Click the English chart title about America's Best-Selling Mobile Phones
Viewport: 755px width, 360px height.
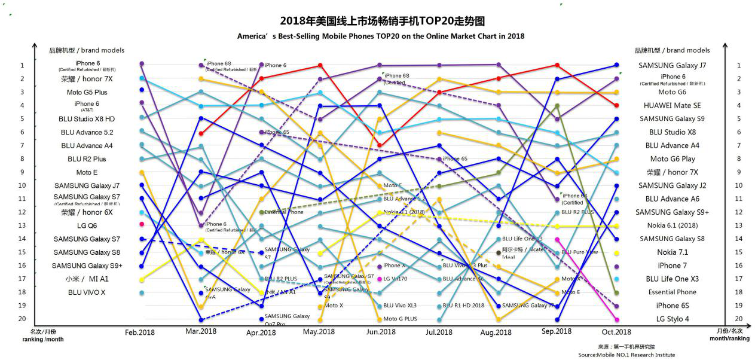(x=381, y=36)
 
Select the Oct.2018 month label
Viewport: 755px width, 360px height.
(x=616, y=332)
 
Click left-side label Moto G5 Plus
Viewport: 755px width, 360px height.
(x=87, y=92)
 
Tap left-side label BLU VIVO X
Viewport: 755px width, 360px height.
(x=87, y=292)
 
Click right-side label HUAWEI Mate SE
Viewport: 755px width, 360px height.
(x=673, y=105)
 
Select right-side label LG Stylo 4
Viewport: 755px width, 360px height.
(x=673, y=319)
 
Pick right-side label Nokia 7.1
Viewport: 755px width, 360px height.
(x=673, y=252)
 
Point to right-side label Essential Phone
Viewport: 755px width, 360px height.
(x=673, y=292)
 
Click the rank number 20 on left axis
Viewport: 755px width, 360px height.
(x=22, y=319)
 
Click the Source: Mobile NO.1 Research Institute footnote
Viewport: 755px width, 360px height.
(x=626, y=355)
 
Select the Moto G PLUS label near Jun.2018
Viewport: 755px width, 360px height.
(x=401, y=319)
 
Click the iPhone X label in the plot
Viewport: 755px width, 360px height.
(x=395, y=266)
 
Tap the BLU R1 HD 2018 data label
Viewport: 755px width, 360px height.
(x=463, y=305)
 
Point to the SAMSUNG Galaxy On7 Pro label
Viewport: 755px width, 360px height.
(x=287, y=319)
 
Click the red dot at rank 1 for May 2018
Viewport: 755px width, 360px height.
(x=320, y=65)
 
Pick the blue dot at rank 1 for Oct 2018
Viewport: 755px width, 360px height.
(x=616, y=65)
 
